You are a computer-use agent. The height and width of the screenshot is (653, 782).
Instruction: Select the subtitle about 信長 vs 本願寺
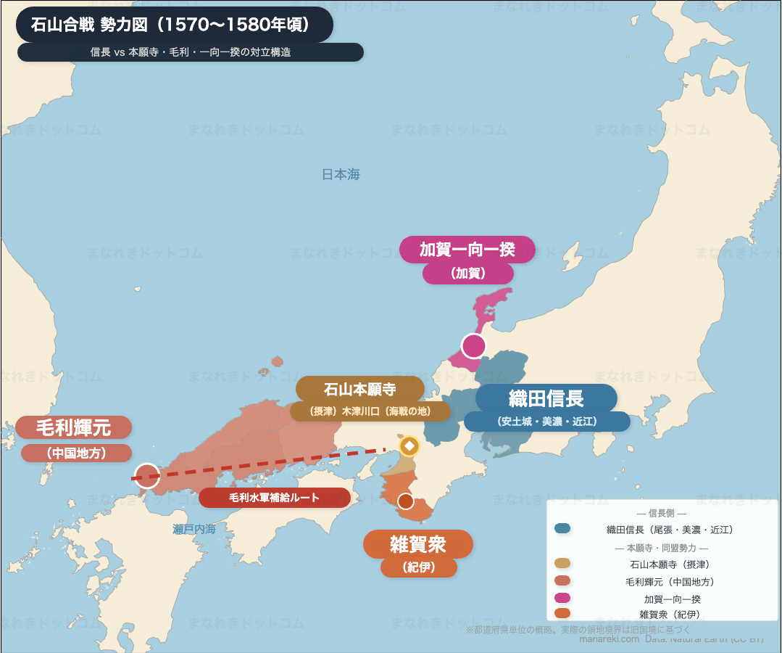coord(191,52)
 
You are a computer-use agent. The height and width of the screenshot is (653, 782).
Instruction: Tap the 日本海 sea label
coord(341,175)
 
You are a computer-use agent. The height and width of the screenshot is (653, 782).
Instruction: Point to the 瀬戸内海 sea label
coord(194,529)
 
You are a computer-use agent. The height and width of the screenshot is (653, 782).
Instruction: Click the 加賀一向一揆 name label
coord(467,250)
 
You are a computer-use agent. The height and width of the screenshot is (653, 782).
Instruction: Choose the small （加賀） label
coord(467,274)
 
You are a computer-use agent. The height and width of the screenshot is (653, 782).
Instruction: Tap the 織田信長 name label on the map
coord(546,398)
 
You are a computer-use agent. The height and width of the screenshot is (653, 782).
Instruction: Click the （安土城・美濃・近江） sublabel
coord(546,422)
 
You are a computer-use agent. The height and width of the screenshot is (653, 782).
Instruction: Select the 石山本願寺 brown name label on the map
coord(359,389)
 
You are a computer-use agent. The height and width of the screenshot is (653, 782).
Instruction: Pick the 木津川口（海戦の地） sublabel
coord(370,411)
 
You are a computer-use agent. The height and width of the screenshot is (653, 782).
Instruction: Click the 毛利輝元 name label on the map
coord(73,427)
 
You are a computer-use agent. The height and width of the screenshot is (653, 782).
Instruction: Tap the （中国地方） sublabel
coord(76,453)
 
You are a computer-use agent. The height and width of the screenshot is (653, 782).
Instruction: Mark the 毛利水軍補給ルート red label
coord(274,498)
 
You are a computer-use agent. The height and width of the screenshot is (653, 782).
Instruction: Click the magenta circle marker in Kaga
coord(473,346)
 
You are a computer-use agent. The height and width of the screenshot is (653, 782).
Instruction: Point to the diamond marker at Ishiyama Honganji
coord(409,445)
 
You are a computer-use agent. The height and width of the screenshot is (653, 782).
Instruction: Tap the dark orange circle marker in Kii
coord(405,501)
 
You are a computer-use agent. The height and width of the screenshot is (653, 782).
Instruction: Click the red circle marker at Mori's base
coord(147,476)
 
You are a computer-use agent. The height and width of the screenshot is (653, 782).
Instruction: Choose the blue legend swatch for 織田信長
coord(562,528)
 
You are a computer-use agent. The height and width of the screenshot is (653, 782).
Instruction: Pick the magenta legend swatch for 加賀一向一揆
coord(562,599)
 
